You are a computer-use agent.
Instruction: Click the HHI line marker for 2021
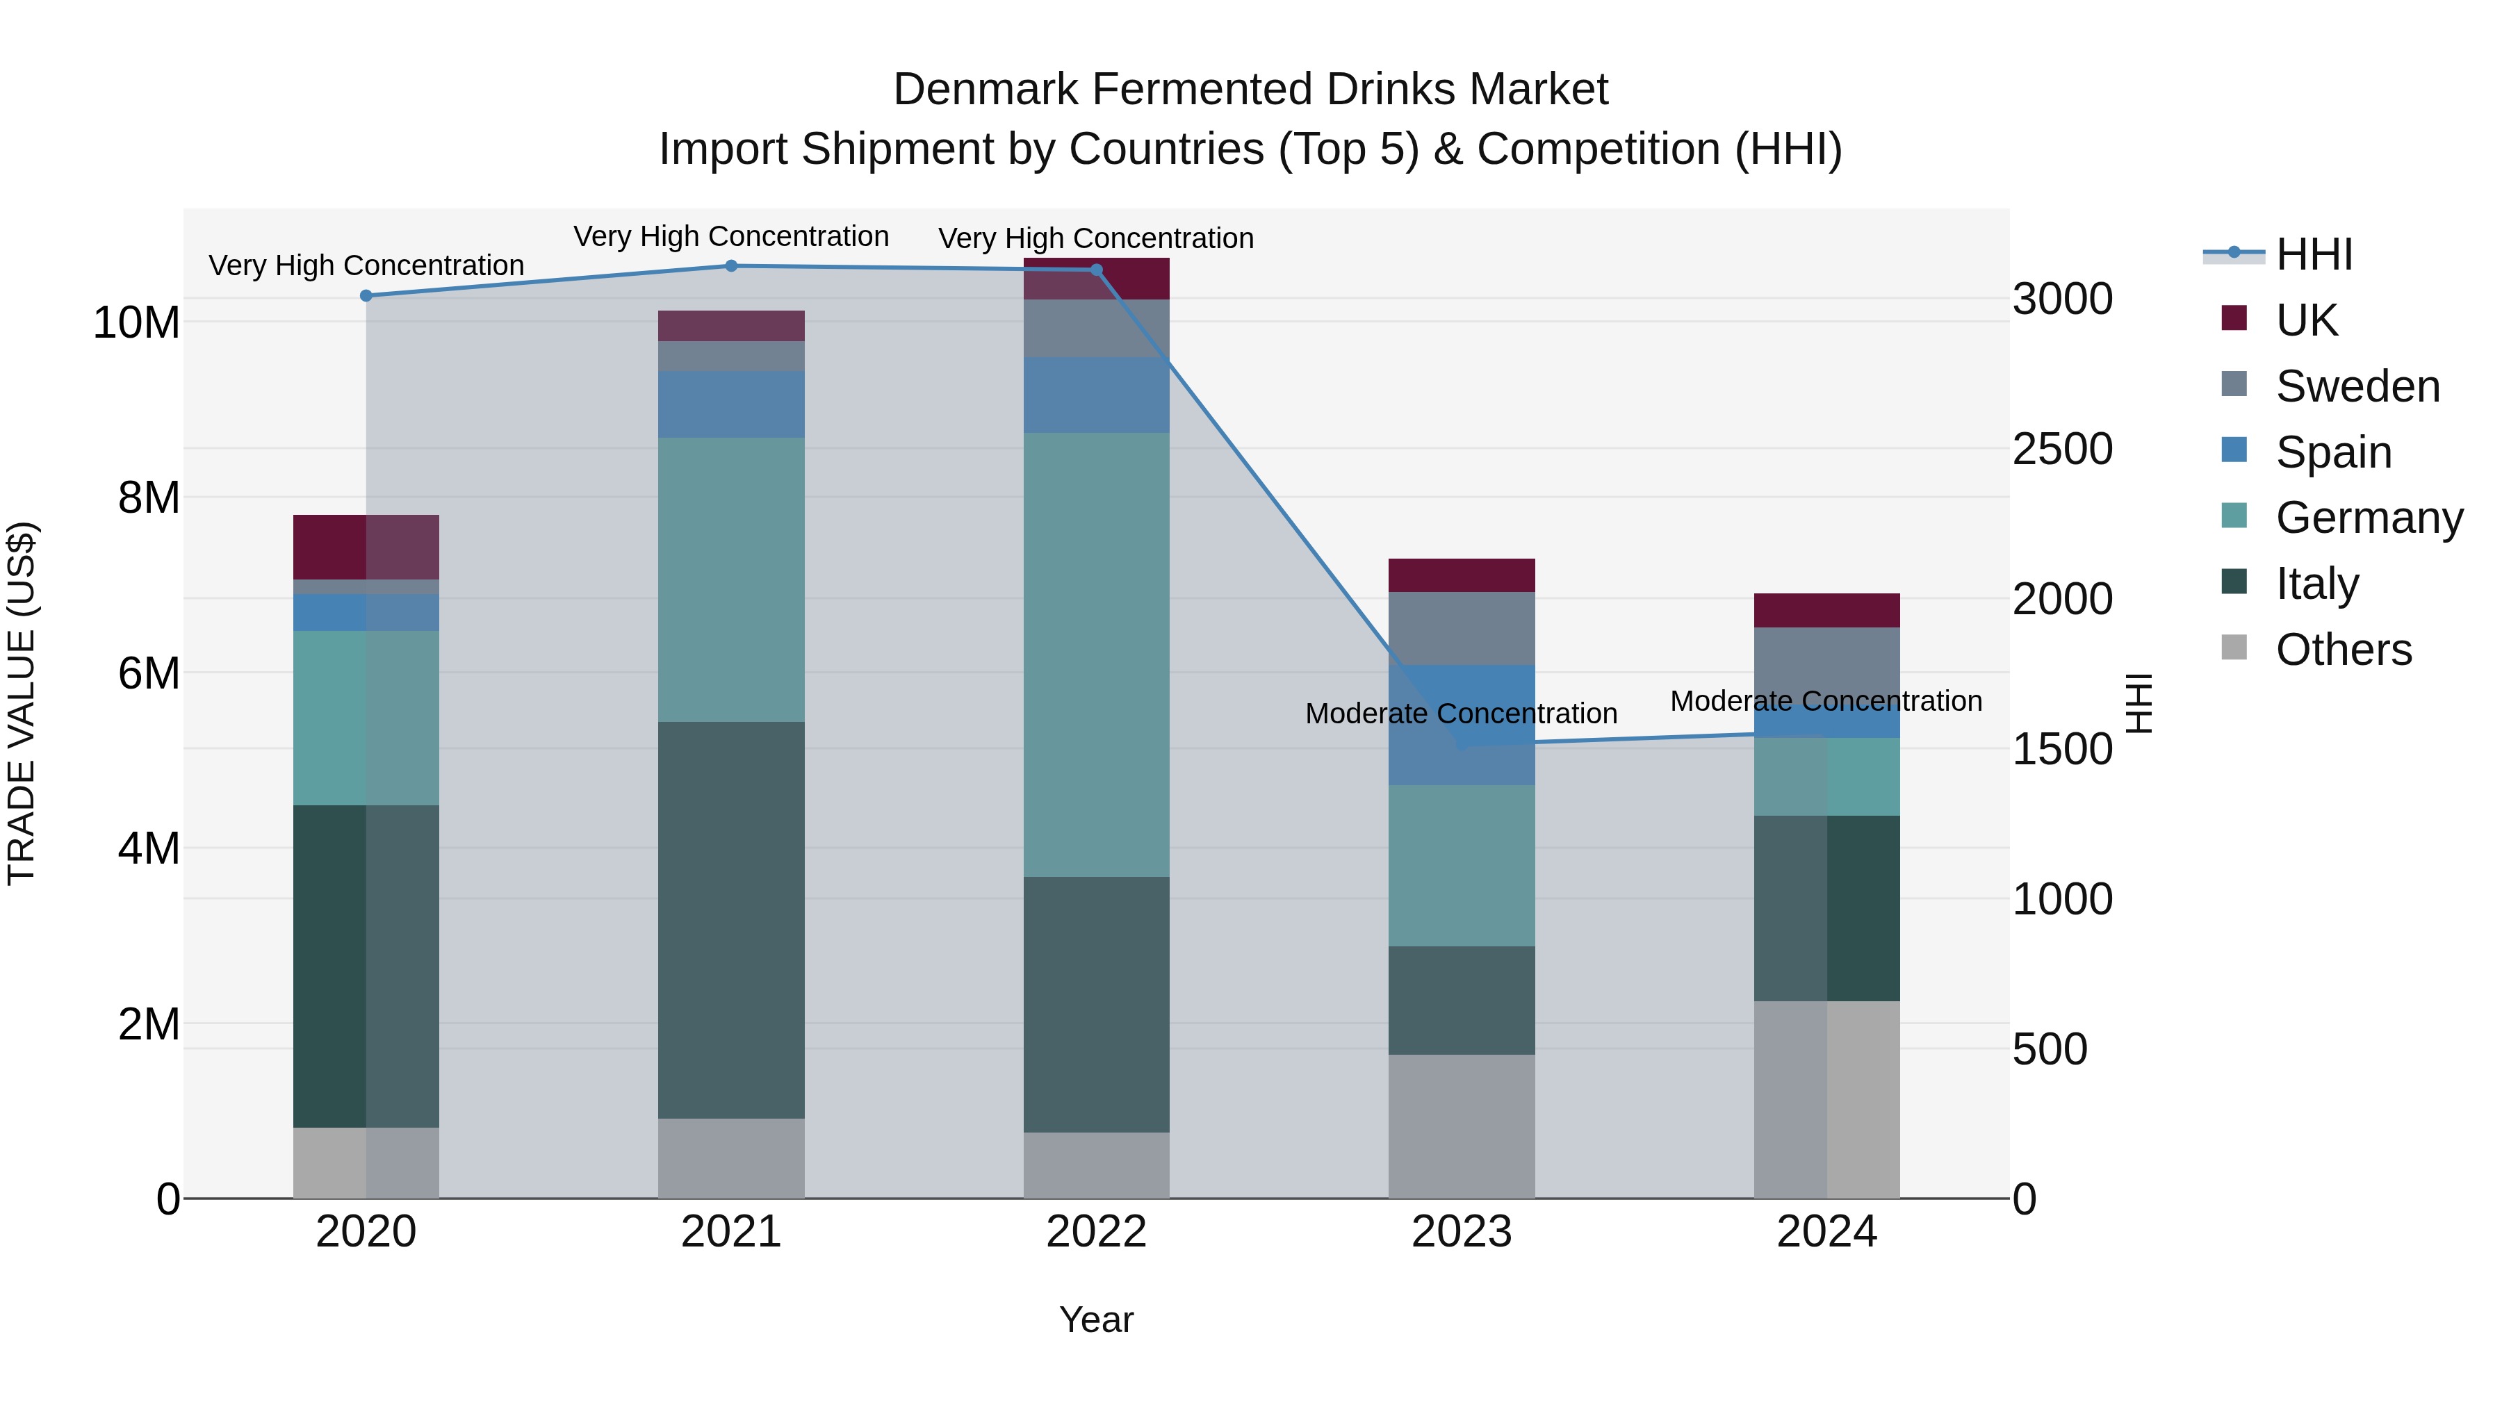click(x=731, y=266)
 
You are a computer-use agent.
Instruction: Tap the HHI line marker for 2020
click(x=366, y=296)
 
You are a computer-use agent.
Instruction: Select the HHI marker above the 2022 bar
click(x=1097, y=270)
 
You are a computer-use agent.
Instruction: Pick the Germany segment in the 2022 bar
click(x=1097, y=655)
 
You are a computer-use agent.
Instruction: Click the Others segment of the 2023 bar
click(x=1461, y=1126)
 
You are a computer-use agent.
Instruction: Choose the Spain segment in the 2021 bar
click(x=731, y=404)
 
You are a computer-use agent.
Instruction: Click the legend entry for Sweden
click(x=2357, y=386)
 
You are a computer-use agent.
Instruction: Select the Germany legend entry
click(x=2369, y=518)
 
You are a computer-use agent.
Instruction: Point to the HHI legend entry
click(x=2314, y=254)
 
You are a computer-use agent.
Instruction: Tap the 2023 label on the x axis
click(x=1461, y=1232)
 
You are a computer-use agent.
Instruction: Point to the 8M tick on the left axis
click(x=149, y=498)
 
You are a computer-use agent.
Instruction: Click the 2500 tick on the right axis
click(x=2062, y=450)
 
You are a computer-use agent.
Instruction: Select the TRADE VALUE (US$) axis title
click(x=22, y=703)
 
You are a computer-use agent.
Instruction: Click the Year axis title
click(x=1097, y=1319)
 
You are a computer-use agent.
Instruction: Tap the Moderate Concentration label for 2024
click(x=1826, y=701)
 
